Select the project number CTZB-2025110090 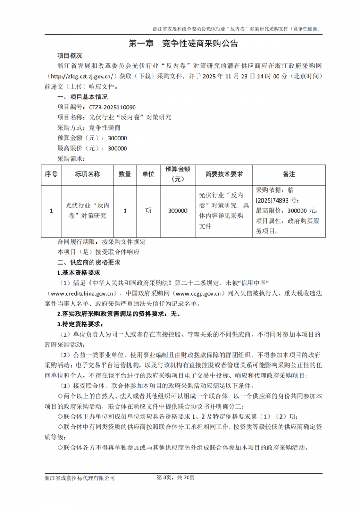[112, 107]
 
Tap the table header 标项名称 [87, 174]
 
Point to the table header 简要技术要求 [224, 174]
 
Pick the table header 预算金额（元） [177, 174]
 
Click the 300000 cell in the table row [177, 210]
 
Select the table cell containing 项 [148, 210]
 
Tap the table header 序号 [51, 174]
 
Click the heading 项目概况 [70, 56]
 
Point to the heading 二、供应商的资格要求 [88, 262]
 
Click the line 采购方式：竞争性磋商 [89, 128]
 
